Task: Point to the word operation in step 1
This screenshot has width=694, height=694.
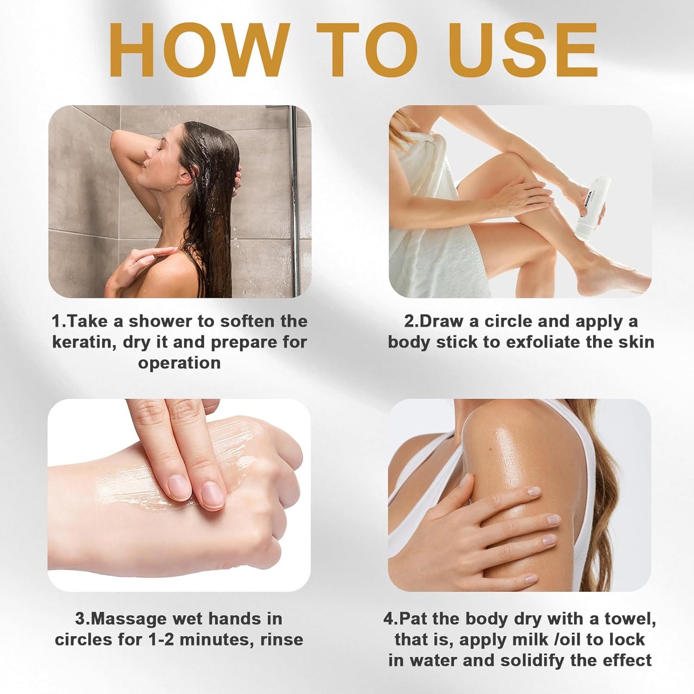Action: pos(179,363)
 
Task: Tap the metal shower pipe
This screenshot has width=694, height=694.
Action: pos(295,202)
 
